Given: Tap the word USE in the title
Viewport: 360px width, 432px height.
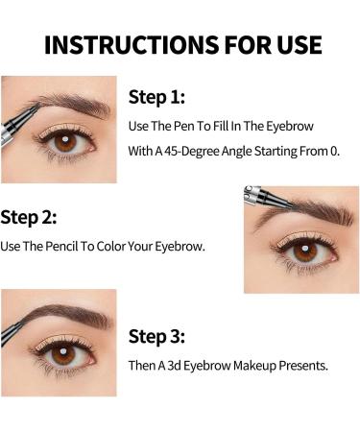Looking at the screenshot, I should (292, 44).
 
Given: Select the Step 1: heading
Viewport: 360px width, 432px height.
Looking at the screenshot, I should (157, 96).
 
